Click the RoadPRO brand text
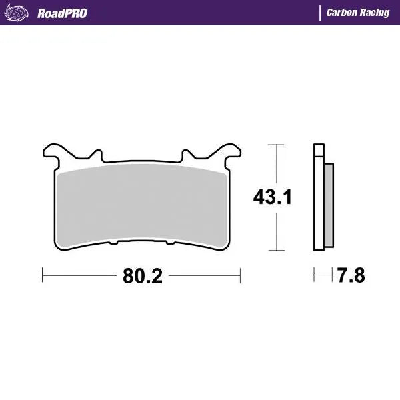[62, 13]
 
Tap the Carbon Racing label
[358, 13]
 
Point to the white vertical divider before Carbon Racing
[320, 13]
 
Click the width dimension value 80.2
[142, 274]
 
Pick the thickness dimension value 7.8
[351, 274]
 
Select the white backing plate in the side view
[318, 200]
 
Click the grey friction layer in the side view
[328, 203]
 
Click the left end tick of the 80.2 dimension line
[43, 274]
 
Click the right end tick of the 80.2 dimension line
[240, 274]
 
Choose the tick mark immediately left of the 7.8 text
[332, 274]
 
